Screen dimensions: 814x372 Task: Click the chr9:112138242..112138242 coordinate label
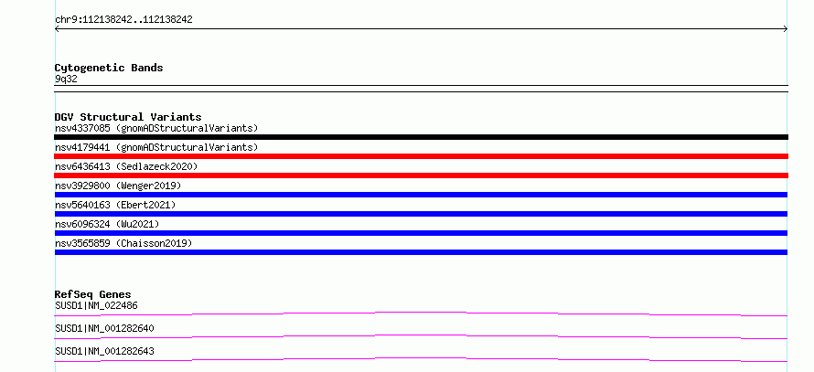click(x=123, y=20)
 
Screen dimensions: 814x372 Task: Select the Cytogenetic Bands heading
click(x=109, y=68)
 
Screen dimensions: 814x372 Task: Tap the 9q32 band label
click(x=66, y=80)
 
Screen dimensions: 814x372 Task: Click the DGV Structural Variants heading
click(x=128, y=117)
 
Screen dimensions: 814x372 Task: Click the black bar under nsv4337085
click(x=421, y=137)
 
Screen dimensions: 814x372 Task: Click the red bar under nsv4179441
click(x=421, y=156)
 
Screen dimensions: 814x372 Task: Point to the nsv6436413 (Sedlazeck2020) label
click(x=126, y=166)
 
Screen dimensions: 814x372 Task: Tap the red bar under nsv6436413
click(x=421, y=175)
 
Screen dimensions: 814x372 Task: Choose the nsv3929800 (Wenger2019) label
click(x=118, y=186)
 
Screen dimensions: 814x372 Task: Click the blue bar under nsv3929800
click(x=421, y=195)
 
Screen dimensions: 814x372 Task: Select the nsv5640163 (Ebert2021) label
click(x=115, y=205)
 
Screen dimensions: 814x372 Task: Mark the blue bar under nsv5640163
click(x=421, y=214)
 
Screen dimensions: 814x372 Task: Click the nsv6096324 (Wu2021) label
click(x=107, y=224)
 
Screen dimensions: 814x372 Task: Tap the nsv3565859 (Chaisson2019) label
click(x=123, y=243)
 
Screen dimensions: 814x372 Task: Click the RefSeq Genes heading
click(x=93, y=294)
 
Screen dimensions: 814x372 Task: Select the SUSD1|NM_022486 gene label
click(x=96, y=305)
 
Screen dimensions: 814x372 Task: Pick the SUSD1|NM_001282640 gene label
click(x=104, y=328)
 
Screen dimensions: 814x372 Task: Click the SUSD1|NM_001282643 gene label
click(x=104, y=351)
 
